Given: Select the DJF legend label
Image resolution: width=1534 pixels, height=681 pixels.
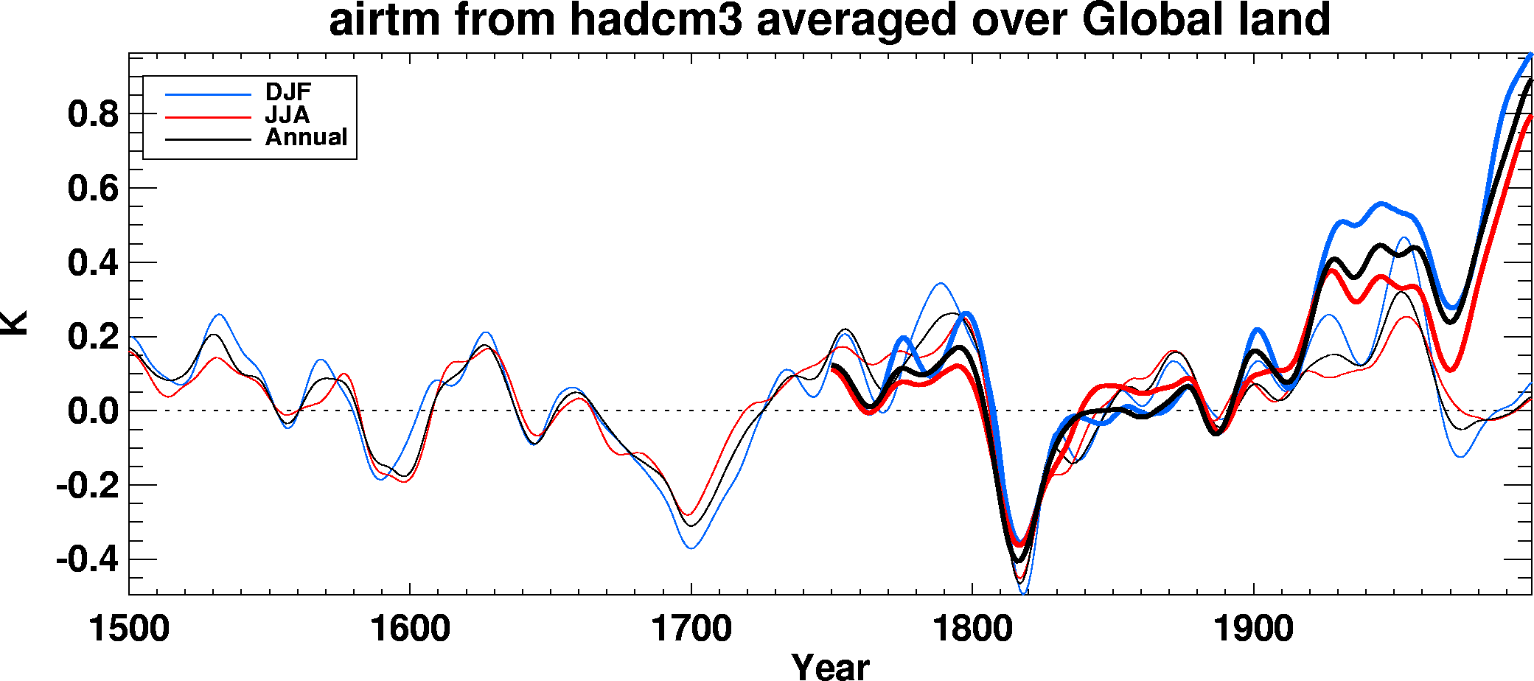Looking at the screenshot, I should coord(288,92).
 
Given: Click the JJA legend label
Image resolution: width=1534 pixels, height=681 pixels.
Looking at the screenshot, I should coord(287,115).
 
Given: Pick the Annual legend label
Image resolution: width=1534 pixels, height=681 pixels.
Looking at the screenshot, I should coord(306,137).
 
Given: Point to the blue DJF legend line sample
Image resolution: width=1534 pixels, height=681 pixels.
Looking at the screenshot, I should coord(208,94).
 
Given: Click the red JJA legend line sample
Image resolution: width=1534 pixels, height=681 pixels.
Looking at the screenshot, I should coord(208,116).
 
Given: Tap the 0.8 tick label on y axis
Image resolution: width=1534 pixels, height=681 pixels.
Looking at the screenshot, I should coord(93,114).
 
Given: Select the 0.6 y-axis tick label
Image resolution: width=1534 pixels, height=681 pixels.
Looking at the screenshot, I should coord(93,189).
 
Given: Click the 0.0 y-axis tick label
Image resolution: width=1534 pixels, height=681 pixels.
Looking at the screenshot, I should coord(93,411).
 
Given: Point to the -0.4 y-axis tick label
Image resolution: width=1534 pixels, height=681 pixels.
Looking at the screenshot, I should coord(87,560).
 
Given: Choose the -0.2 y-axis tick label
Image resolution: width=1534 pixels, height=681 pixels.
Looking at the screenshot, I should coord(87,486).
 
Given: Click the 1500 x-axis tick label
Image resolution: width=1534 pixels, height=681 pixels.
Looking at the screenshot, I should coord(129,629).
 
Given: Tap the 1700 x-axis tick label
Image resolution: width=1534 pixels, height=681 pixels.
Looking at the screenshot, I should coord(691,629).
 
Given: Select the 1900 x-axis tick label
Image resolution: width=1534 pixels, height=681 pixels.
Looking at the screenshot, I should coord(1253,629).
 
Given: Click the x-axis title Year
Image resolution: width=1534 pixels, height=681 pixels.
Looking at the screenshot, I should coord(830,666).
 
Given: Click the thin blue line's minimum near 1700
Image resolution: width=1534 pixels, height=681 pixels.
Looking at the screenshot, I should coord(691,548).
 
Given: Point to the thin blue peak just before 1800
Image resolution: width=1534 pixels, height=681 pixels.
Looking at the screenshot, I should coord(941,283).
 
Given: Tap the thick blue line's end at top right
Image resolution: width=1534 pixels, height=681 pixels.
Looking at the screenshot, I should coord(1530,55).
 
